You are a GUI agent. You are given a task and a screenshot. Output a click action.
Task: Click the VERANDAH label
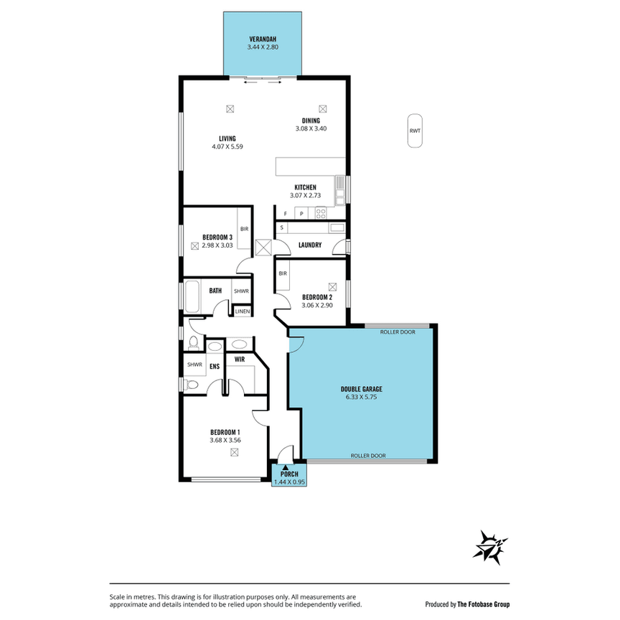[x=263, y=39]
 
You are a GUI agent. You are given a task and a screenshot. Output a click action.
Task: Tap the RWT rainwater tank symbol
[x=415, y=131]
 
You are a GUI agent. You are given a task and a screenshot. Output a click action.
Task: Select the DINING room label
[x=311, y=121]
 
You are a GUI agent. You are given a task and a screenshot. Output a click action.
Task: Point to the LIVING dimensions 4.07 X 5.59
[x=227, y=146]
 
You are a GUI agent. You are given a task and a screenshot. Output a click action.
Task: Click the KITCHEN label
[x=305, y=187]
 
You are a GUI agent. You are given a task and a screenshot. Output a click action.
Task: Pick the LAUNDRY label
[x=309, y=245]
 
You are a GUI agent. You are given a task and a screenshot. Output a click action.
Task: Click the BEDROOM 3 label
[x=217, y=238]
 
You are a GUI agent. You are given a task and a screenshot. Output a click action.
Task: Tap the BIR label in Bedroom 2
[x=283, y=273]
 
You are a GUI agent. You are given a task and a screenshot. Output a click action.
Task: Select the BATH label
[x=215, y=291]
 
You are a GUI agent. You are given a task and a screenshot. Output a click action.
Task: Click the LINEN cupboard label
[x=243, y=311]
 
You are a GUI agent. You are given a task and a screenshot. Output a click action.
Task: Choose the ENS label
[x=214, y=367]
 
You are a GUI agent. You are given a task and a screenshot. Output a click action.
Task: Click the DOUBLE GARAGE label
[x=361, y=389]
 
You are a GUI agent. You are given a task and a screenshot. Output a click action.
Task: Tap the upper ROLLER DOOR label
[x=398, y=332]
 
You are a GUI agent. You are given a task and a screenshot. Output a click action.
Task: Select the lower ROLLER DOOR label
[x=368, y=456]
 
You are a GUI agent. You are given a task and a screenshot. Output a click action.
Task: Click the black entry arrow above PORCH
[x=286, y=467]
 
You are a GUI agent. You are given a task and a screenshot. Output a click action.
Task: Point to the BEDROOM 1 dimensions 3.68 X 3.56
[x=225, y=440]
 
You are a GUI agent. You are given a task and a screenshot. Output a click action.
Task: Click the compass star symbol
[x=491, y=546]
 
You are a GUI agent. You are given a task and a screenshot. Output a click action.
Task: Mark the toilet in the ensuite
[x=190, y=385]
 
